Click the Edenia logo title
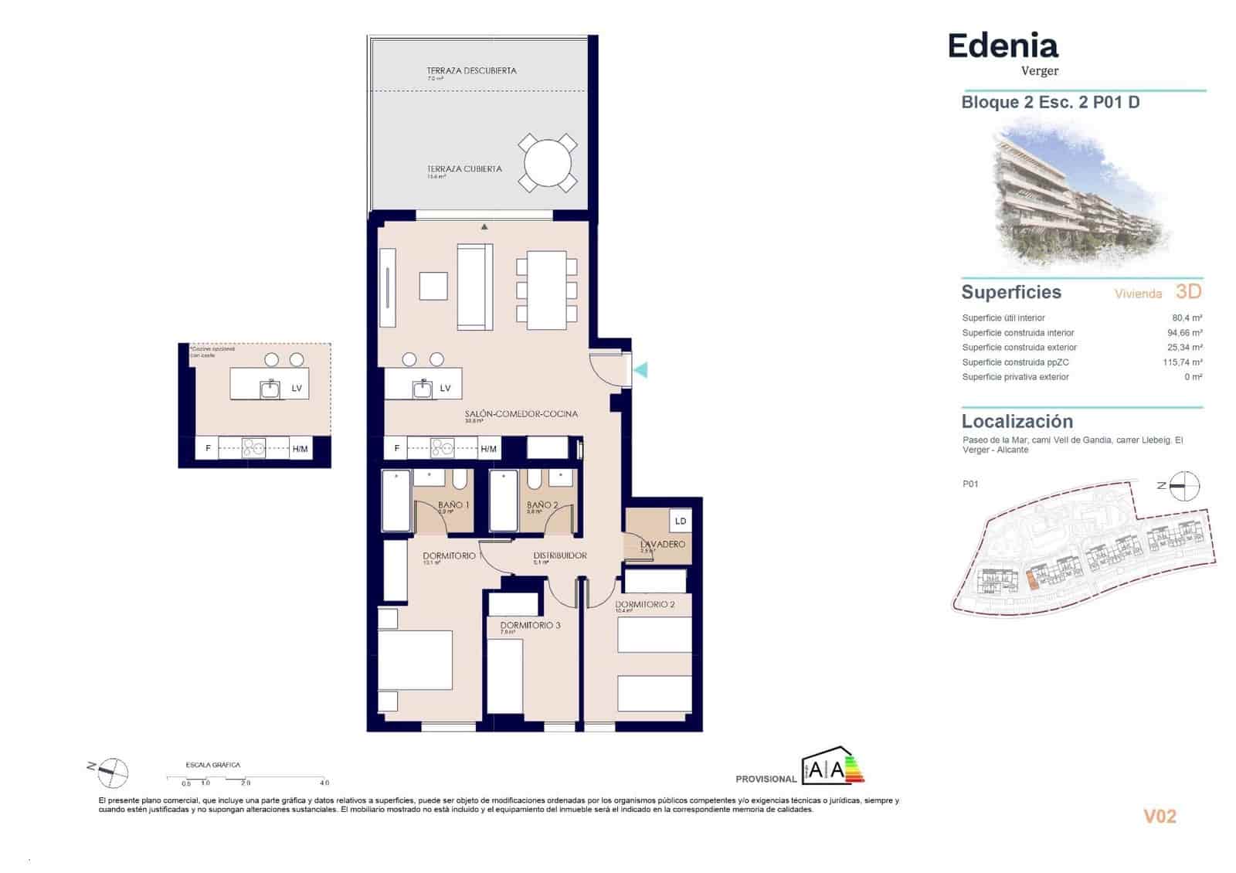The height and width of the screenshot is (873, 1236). pos(1002,46)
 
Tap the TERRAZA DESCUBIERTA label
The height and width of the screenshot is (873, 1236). pos(471,70)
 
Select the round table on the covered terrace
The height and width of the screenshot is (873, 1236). pos(548,163)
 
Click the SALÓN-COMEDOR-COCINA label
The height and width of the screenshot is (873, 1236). pos(521,413)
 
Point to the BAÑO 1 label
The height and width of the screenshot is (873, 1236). pos(453,504)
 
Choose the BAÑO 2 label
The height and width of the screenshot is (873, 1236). pos(542,504)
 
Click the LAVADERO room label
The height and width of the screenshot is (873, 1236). pos(662,544)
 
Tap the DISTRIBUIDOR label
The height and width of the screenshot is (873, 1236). pos(559,555)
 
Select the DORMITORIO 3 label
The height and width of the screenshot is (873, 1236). pos(530,625)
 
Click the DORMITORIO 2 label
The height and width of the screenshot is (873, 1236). pos(644,604)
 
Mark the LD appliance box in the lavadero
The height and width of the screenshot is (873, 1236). pos(680,521)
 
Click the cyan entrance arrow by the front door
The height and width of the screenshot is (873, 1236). pos(640,370)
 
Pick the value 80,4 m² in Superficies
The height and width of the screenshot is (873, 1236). pos(1187,318)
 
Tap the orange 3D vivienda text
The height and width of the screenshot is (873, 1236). pos(1188,291)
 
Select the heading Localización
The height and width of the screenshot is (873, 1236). pos(1017,421)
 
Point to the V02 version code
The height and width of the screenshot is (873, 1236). pos(1159,816)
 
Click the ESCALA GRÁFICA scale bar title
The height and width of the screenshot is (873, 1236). pos(212,765)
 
